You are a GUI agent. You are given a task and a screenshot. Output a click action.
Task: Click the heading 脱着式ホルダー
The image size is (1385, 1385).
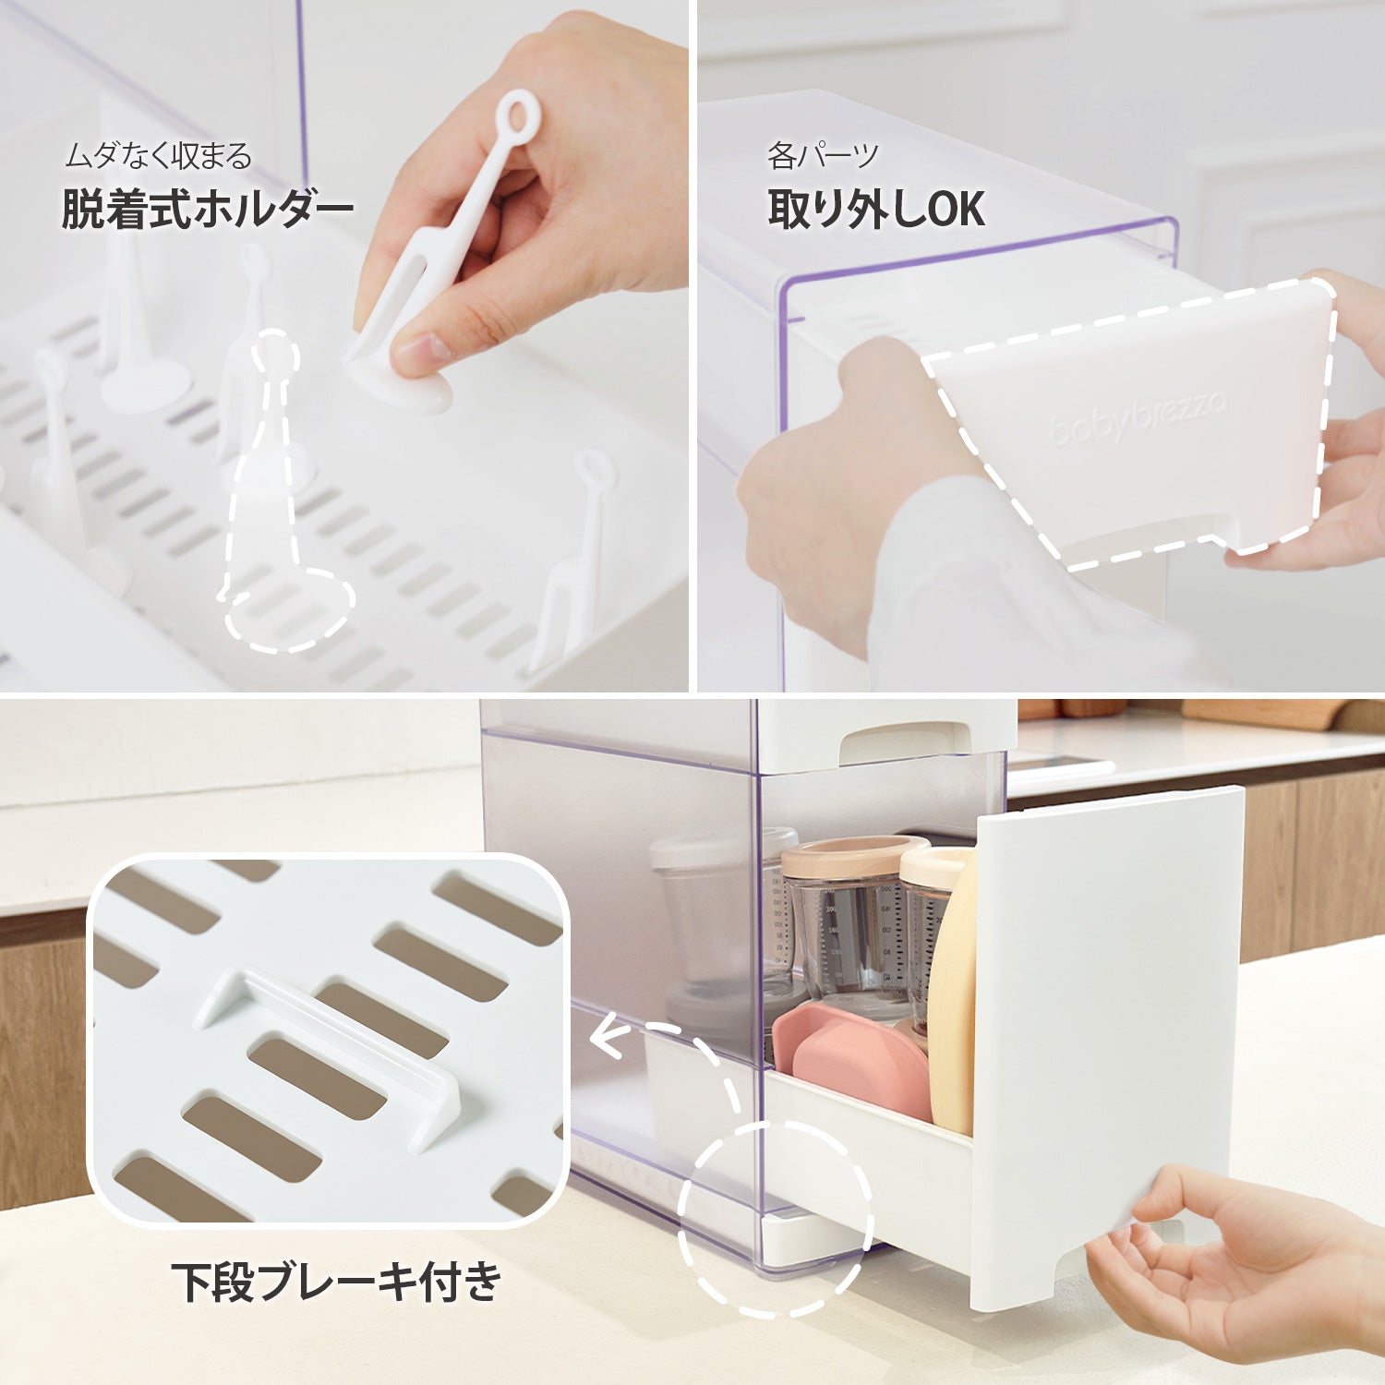pos(208,210)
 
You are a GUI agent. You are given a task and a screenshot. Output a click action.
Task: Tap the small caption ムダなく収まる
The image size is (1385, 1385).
pos(158,156)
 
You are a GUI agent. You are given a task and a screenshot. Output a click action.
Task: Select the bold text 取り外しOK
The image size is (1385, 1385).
pos(875,209)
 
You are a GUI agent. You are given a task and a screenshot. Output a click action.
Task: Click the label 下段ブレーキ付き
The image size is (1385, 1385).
pos(337,1282)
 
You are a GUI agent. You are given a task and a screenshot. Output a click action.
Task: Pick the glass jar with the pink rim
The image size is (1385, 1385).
pos(851,923)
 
